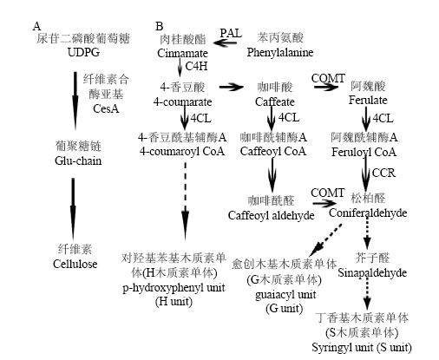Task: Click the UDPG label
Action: [x=83, y=52]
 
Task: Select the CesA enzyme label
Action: [x=106, y=108]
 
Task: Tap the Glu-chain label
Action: [x=78, y=160]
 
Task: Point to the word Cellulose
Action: [x=75, y=264]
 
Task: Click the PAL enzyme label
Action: [x=231, y=33]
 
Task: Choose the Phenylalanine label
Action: [x=280, y=52]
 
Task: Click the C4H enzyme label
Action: [x=196, y=66]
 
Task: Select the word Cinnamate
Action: [x=182, y=53]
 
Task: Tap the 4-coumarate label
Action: [x=182, y=101]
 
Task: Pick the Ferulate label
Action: [x=368, y=100]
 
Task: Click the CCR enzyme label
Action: [x=383, y=173]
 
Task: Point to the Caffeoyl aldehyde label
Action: [x=271, y=215]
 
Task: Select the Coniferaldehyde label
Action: [x=368, y=213]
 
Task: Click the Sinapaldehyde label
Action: [x=372, y=272]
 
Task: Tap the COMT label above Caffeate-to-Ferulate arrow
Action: [x=328, y=78]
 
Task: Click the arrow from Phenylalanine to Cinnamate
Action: [x=225, y=43]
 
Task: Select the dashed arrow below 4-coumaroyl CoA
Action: [x=185, y=201]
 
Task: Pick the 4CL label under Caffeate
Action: [x=289, y=118]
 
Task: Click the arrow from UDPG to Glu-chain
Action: [x=75, y=101]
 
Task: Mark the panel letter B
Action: [x=160, y=26]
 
